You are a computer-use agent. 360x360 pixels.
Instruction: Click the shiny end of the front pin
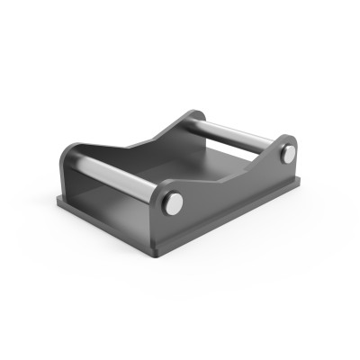[171, 206]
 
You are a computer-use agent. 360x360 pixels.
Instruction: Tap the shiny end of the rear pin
[287, 155]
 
